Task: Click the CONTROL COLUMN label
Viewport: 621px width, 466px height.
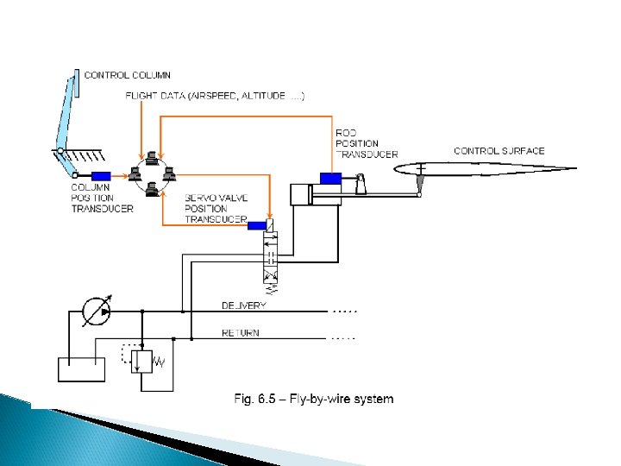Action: point(127,75)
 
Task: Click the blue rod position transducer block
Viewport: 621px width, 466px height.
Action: point(331,179)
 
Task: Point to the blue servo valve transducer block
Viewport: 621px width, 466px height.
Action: point(257,226)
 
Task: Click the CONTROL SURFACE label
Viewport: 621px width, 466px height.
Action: point(499,151)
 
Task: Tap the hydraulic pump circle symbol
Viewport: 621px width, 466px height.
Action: point(97,312)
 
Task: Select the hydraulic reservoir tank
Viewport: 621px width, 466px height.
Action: point(81,368)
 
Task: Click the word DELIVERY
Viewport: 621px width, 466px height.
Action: point(244,305)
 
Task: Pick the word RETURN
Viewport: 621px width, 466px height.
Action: point(241,333)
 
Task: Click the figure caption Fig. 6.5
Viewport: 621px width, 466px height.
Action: point(314,399)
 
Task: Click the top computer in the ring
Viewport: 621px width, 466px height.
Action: point(151,158)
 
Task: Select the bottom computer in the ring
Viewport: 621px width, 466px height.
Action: point(152,192)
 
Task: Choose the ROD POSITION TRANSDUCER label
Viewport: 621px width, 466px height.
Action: point(366,143)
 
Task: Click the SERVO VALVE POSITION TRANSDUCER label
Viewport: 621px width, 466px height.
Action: point(216,208)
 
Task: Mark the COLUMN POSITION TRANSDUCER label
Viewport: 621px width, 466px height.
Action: point(102,198)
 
